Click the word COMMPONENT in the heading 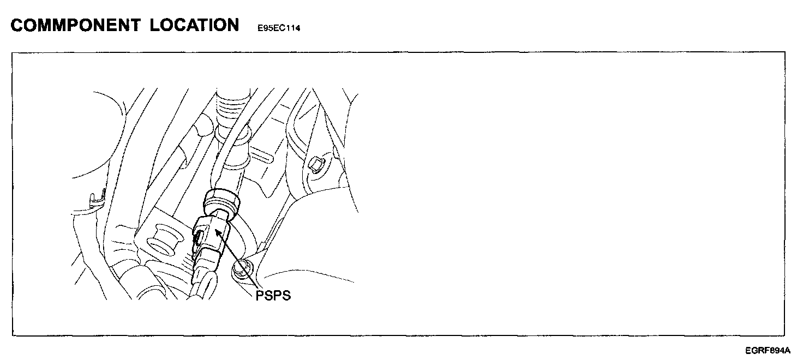tap(75, 25)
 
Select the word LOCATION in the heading tap(195, 25)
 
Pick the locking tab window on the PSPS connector tap(200, 236)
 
